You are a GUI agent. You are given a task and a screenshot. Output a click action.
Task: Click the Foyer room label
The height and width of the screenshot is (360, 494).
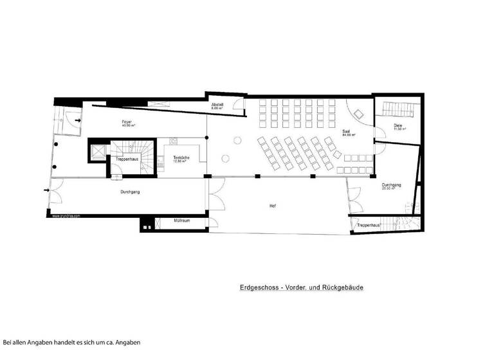click(x=126, y=122)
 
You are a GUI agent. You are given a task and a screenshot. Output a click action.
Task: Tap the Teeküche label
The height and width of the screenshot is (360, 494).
click(x=179, y=159)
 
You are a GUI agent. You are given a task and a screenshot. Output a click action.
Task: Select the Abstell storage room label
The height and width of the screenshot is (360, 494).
click(x=217, y=105)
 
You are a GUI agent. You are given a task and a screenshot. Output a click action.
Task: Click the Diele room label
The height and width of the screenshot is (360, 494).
click(x=399, y=127)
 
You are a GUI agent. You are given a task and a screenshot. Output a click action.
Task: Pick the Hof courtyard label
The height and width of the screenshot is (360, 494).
click(x=273, y=206)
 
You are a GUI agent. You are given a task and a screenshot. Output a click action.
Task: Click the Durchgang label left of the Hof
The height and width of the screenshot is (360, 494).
click(x=130, y=192)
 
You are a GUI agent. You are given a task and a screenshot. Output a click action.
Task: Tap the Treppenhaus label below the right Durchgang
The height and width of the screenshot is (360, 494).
click(x=369, y=226)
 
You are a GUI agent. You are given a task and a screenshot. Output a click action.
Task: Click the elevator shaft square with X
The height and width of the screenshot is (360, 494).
click(x=98, y=151)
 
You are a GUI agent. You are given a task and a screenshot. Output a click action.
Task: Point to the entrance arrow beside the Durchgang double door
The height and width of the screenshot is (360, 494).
click(x=46, y=190)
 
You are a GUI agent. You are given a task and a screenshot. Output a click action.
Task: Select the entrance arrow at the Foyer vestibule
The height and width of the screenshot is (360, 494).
click(x=78, y=120)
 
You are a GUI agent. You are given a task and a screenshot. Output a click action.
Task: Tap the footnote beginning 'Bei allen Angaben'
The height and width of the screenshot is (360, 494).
click(x=71, y=342)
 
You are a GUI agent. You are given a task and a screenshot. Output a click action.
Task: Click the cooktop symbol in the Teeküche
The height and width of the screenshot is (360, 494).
click(x=174, y=141)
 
